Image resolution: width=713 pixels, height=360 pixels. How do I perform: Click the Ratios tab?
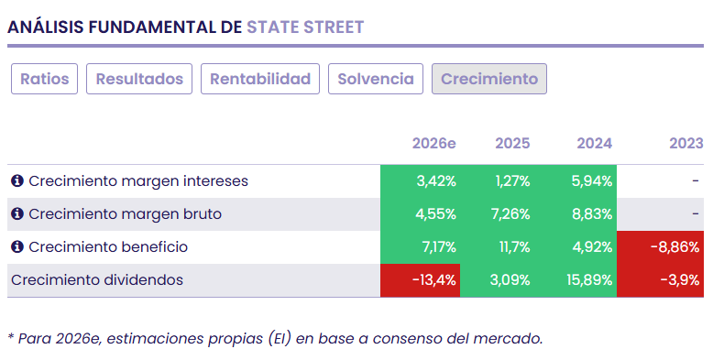click(45, 79)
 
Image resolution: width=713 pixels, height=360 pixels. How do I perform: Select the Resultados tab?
click(139, 79)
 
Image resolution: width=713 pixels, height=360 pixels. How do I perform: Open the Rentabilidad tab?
click(260, 79)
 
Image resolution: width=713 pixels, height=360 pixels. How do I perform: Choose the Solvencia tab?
click(376, 79)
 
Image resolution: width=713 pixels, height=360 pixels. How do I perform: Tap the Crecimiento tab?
click(489, 79)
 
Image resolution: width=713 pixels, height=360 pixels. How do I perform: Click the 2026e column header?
click(433, 144)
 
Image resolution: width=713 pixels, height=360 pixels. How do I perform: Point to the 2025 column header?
click(512, 144)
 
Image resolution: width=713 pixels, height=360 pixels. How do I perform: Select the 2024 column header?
click(594, 144)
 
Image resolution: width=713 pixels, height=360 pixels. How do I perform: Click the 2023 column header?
click(686, 144)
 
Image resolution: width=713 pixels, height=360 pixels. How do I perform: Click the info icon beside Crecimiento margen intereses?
click(16, 181)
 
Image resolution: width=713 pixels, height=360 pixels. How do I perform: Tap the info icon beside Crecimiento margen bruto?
click(16, 214)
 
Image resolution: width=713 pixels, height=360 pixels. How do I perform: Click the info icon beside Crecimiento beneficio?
click(16, 247)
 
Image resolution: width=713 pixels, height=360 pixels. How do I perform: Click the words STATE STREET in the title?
click(305, 27)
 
